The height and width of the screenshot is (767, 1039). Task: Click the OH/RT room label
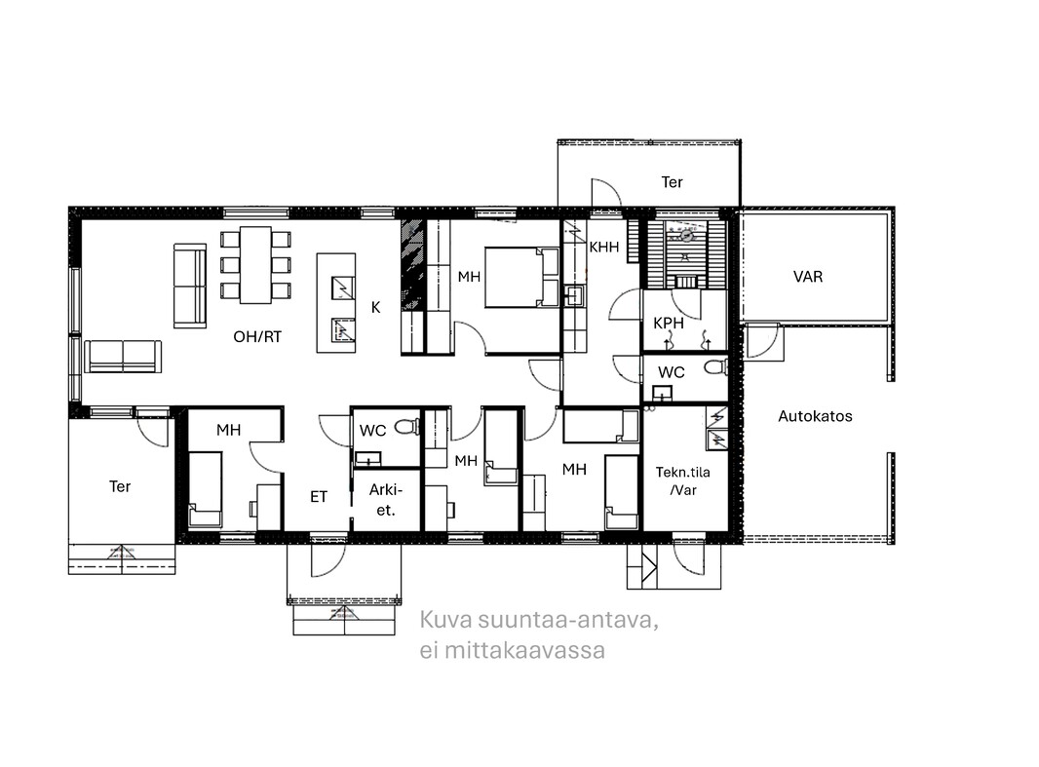[x=257, y=336]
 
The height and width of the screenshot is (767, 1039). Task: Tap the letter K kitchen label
[x=375, y=307]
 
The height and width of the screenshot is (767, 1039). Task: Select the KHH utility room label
[x=604, y=247]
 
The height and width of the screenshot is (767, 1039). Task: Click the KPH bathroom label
[x=668, y=324]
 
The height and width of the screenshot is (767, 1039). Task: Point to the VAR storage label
[x=808, y=277]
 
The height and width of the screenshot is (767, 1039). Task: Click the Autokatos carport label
[x=815, y=416]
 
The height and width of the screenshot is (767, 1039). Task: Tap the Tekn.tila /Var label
[x=682, y=481]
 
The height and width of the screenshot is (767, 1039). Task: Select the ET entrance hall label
[x=319, y=497]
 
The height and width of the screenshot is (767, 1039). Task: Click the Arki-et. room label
[x=386, y=500]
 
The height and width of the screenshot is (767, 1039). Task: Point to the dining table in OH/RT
[x=255, y=265]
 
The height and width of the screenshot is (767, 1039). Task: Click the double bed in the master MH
[x=522, y=277]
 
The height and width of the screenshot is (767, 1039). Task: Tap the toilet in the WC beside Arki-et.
[x=408, y=426]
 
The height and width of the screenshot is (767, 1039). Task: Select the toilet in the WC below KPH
[x=715, y=366]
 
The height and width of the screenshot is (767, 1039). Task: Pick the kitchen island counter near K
[x=336, y=303]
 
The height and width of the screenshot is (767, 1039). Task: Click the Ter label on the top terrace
[x=672, y=182]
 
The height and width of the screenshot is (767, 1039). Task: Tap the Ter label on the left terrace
[x=120, y=487]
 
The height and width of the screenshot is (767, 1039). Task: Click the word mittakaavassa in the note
[x=524, y=650]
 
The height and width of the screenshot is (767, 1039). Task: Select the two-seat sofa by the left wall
[x=123, y=357]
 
